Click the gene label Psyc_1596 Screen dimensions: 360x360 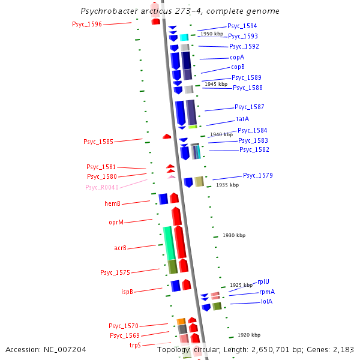87,24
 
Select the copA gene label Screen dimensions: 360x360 237,57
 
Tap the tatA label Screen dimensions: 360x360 242,119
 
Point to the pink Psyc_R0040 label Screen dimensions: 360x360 102,187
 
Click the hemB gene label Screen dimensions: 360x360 113,203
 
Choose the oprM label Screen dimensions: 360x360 116,222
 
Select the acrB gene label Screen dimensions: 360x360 120,248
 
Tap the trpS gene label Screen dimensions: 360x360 135,345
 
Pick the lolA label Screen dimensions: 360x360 266,301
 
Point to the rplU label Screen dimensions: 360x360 263,281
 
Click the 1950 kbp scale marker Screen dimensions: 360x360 212,34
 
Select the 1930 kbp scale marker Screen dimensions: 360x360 233,236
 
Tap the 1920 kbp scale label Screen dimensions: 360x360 248,335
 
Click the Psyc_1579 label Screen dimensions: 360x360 258,175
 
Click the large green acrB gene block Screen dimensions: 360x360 169,242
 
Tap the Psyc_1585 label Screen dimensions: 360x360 98,142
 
